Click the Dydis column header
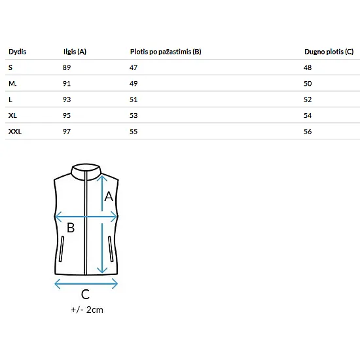click(18, 52)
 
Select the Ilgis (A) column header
click(75, 52)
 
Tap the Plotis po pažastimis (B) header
click(166, 52)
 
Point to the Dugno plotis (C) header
click(329, 52)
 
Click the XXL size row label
click(15, 132)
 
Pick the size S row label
click(10, 67)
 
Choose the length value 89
click(67, 67)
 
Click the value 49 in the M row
click(134, 84)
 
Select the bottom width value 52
click(308, 99)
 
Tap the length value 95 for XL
click(67, 115)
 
